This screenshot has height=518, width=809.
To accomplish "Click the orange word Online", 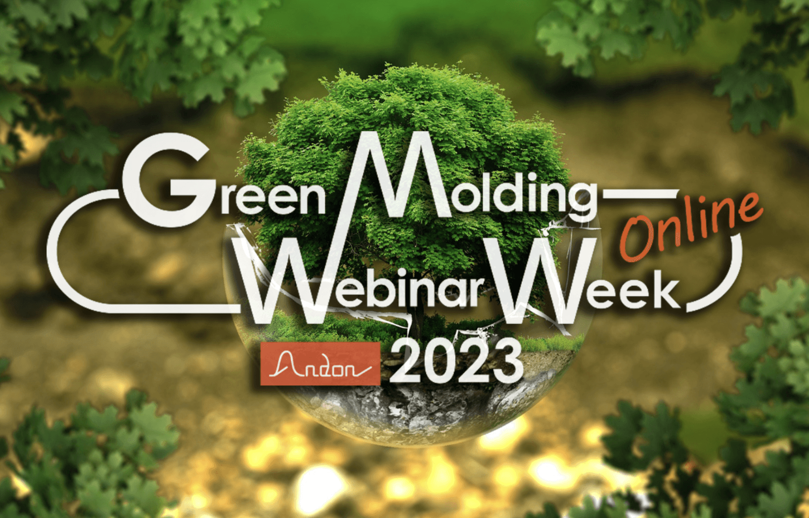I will pyautogui.click(x=690, y=225).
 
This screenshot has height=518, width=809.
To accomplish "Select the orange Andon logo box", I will pyautogui.click(x=320, y=364).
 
